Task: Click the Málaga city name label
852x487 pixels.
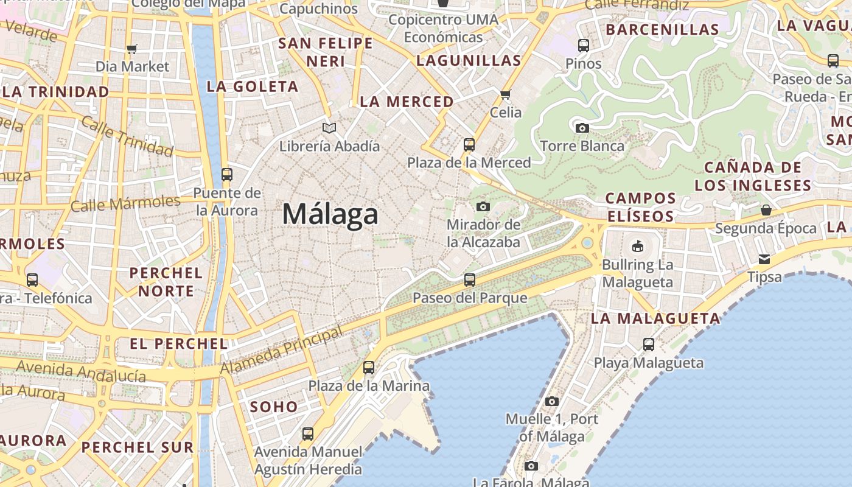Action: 330,214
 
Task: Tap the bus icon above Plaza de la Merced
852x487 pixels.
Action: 469,145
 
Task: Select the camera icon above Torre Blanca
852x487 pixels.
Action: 582,128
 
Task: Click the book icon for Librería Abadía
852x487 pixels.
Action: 329,128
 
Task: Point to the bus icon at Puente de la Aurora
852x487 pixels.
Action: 227,175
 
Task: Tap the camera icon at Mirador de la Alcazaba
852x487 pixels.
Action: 483,207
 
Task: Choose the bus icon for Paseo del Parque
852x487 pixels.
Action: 469,280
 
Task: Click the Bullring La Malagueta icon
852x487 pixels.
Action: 637,247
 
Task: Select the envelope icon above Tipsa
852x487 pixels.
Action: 764,259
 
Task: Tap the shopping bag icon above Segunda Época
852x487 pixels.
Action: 766,210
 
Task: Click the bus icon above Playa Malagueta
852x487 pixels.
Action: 649,345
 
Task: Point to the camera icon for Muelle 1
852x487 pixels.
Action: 552,401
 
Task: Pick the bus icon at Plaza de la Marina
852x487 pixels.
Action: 369,368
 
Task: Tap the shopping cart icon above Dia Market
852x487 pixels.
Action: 132,49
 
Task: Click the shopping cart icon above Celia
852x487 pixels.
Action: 505,94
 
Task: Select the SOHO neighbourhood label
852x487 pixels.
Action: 274,407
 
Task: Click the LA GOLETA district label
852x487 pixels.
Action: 253,86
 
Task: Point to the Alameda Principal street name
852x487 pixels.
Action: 281,352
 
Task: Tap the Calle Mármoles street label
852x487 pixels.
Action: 125,203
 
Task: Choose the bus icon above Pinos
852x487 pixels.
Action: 583,45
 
